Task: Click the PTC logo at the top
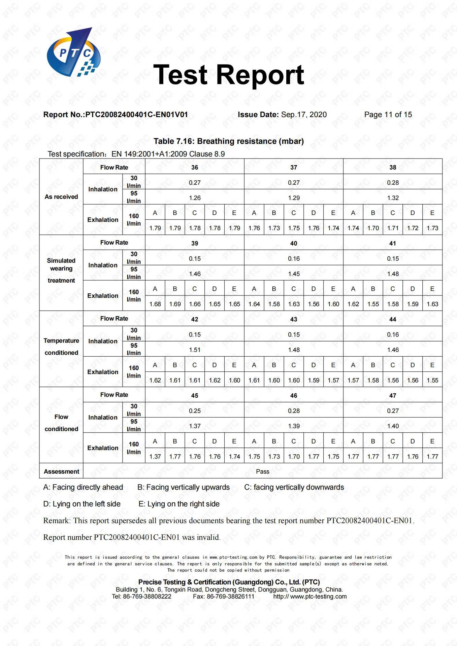pyautogui.click(x=73, y=52)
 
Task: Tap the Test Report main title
pyautogui.click(x=229, y=75)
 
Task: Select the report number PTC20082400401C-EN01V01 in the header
pyautogui.click(x=116, y=115)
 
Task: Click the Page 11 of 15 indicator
pyautogui.click(x=388, y=115)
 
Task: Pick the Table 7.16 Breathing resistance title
pyautogui.click(x=229, y=141)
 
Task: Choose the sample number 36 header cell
pyautogui.click(x=195, y=167)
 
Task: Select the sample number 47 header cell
pyautogui.click(x=393, y=395)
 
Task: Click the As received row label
pyautogui.click(x=61, y=197)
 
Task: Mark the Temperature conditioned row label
pyautogui.click(x=61, y=347)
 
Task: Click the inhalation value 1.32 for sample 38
pyautogui.click(x=393, y=198)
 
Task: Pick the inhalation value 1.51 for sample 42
pyautogui.click(x=195, y=350)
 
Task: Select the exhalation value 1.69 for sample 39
pyautogui.click(x=175, y=304)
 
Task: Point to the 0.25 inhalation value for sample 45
pyautogui.click(x=195, y=411)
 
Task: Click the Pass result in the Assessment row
pyautogui.click(x=263, y=471)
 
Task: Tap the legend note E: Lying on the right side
pyautogui.click(x=179, y=504)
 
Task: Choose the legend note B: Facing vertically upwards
pyautogui.click(x=184, y=487)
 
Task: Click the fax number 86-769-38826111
pyautogui.click(x=224, y=597)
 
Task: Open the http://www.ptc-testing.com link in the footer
pyautogui.click(x=310, y=597)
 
